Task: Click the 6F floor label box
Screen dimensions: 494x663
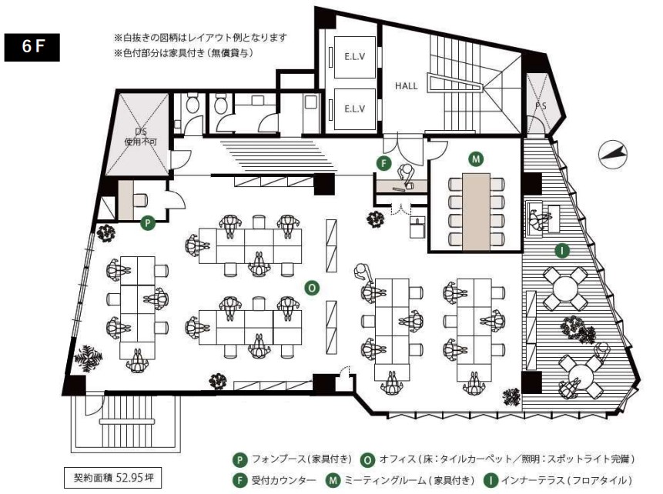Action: click(x=32, y=48)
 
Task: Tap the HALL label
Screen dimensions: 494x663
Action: click(x=406, y=86)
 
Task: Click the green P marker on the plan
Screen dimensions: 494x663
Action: click(x=148, y=223)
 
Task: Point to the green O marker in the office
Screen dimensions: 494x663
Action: click(x=312, y=287)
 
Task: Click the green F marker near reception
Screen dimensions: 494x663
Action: click(x=383, y=162)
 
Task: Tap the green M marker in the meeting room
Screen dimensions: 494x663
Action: click(x=477, y=159)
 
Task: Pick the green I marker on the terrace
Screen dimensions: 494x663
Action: click(x=563, y=249)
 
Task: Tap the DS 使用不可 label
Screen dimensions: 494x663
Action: click(x=140, y=137)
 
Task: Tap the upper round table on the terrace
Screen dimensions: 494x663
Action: click(x=565, y=287)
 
